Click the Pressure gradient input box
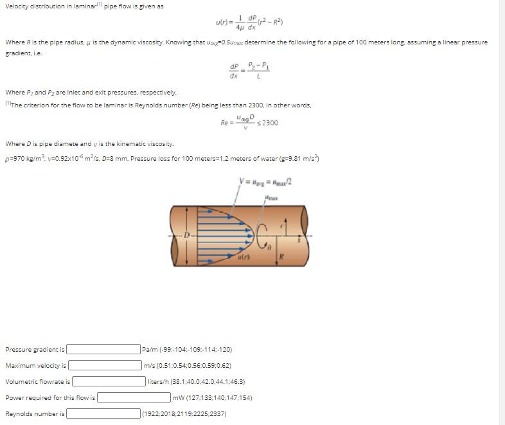103,350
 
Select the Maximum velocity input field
105,366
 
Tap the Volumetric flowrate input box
108,382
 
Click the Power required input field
134,398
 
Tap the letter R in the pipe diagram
281,257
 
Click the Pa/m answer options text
187,350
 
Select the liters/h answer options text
197,382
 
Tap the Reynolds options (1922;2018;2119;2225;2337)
184,414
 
